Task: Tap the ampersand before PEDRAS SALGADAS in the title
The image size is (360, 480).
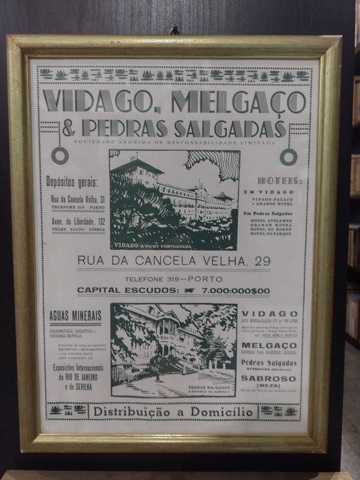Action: click(69, 128)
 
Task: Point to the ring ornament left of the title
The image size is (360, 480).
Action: click(60, 156)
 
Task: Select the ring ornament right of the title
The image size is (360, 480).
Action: click(289, 156)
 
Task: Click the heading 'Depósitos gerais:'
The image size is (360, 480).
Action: click(73, 182)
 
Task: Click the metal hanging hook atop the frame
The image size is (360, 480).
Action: click(175, 30)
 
